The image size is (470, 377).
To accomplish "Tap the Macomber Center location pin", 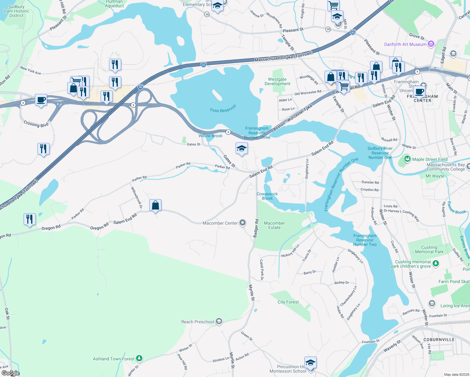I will click(243, 223).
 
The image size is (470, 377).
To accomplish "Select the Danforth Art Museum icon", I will click(431, 44).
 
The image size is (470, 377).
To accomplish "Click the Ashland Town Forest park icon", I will click(139, 358).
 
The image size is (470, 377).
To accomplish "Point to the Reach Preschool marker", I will click(219, 321).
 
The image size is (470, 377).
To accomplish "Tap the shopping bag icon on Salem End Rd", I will click(156, 205).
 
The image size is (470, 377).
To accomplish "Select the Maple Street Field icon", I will click(407, 159).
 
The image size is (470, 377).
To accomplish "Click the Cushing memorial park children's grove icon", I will click(436, 264).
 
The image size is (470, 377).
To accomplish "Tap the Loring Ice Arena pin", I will click(432, 303).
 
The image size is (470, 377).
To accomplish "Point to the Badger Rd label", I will click(256, 228).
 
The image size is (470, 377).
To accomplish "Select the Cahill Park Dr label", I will click(262, 270).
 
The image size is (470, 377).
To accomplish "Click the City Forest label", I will click(288, 302).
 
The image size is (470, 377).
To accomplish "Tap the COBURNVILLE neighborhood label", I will click(439, 340).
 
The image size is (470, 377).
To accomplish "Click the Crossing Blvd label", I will click(36, 124).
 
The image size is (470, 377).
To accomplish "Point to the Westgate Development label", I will click(277, 82).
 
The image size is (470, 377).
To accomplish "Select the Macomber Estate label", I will click(274, 225).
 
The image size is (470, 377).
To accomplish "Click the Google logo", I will click(11, 373).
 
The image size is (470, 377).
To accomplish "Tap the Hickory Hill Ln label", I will click(290, 251).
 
